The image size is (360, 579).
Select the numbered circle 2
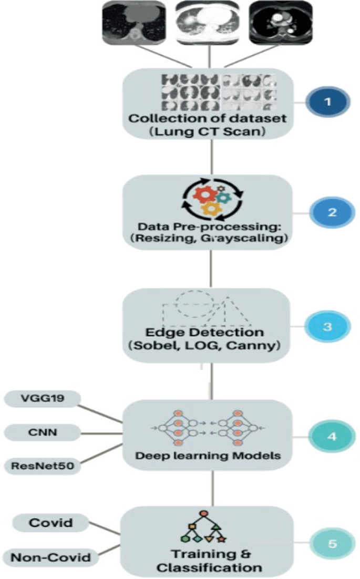(328, 213)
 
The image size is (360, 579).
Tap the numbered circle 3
(326, 326)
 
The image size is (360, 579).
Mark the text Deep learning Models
(207, 456)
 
